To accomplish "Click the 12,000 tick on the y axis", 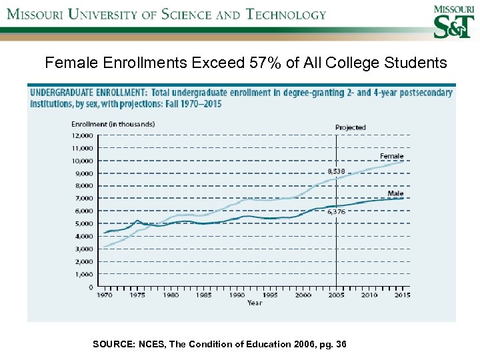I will [83, 135].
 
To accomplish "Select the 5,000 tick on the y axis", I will [84, 223].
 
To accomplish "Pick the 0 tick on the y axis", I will [91, 287].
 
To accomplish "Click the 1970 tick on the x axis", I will [105, 295].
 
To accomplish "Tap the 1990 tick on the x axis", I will [237, 295].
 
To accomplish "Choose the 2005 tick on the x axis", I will [337, 295].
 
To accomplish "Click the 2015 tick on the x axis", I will [402, 295].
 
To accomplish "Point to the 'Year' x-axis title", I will [255, 303].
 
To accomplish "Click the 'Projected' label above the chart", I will [350, 127].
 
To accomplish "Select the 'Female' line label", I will [392, 157].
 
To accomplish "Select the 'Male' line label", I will [396, 193].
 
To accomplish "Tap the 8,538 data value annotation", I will [336, 171].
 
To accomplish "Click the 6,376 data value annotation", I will [336, 211].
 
